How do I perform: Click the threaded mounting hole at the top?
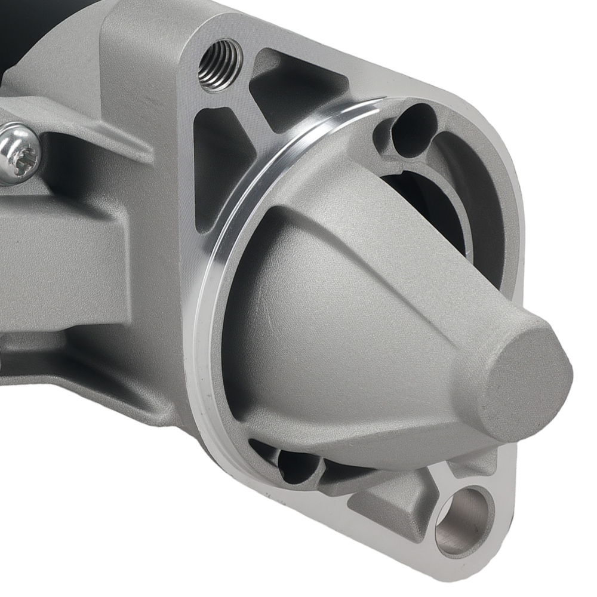[x=220, y=64]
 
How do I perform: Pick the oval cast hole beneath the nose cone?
[x=298, y=466]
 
